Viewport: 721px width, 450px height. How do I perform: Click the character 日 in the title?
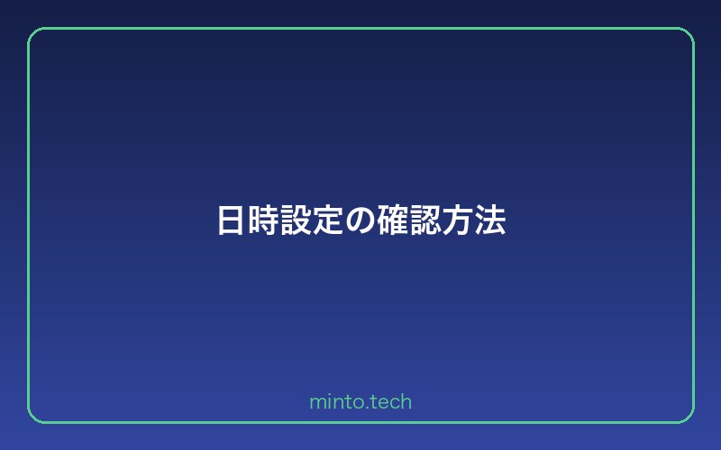point(232,220)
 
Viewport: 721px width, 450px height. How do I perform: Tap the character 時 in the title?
point(264,220)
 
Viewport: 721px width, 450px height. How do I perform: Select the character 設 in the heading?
point(297,220)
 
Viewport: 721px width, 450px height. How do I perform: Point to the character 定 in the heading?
point(329,220)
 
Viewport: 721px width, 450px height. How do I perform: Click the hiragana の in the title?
point(360,221)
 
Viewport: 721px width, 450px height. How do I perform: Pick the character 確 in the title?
point(393,220)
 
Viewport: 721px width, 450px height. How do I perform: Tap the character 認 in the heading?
point(425,220)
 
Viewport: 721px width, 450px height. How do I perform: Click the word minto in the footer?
point(335,402)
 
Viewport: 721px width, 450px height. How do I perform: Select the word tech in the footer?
point(390,402)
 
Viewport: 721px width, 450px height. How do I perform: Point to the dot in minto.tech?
point(365,407)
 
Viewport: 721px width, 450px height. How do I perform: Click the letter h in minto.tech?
point(406,402)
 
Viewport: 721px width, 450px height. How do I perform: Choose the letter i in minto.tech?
point(328,402)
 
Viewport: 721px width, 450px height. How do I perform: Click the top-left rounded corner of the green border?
point(33,33)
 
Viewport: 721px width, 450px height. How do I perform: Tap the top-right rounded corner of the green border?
point(688,33)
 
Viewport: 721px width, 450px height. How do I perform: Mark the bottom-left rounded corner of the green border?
point(33,417)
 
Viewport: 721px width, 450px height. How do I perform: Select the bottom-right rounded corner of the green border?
point(688,417)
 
